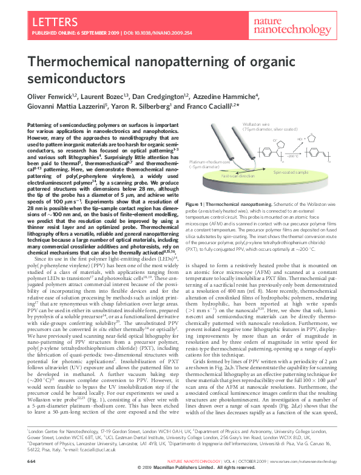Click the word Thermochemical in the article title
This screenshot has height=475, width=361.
tap(79, 61)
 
